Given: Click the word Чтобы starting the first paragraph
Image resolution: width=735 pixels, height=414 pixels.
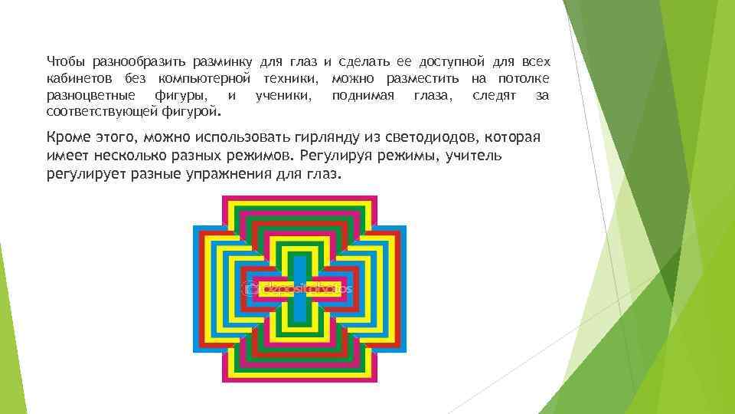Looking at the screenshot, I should (x=65, y=61).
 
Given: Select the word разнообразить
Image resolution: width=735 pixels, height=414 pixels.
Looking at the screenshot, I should (x=133, y=61).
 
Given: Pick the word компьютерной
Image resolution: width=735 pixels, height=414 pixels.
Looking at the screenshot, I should (x=205, y=79).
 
